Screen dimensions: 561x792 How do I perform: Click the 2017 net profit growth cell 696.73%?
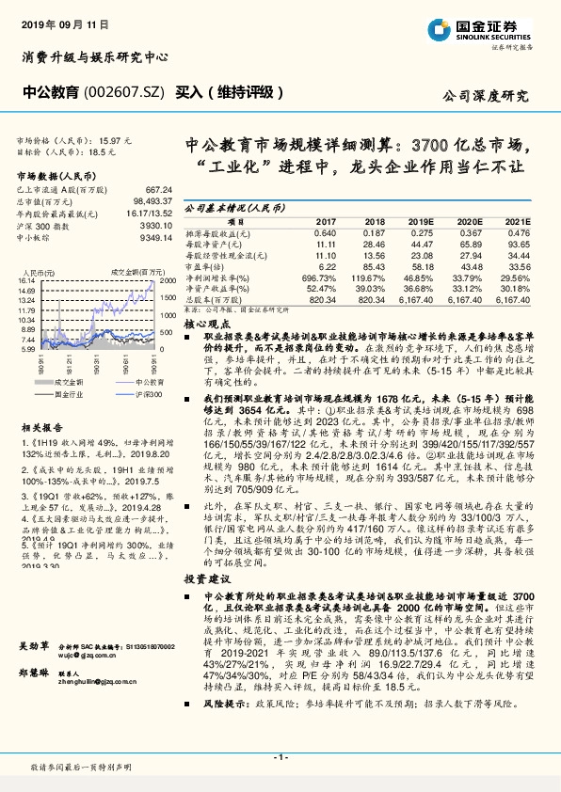coord(318,279)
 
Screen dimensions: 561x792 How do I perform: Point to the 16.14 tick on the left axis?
coord(25,280)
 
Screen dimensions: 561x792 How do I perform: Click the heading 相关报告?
coord(40,424)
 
